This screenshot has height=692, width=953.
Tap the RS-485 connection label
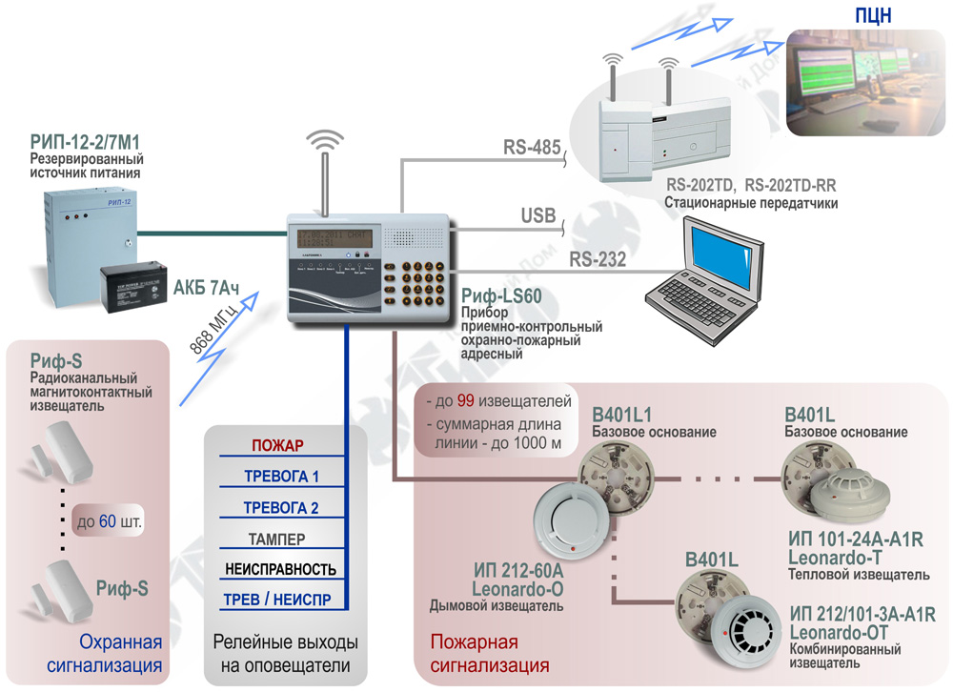531,148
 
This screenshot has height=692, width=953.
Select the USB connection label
538,216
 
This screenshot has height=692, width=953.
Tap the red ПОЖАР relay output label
276,445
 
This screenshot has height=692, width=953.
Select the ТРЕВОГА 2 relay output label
280,507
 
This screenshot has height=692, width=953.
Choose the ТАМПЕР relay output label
276,539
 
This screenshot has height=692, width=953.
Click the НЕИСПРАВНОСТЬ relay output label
280,570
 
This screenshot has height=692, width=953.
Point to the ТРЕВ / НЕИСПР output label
278,601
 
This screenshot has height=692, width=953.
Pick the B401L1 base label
621,415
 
